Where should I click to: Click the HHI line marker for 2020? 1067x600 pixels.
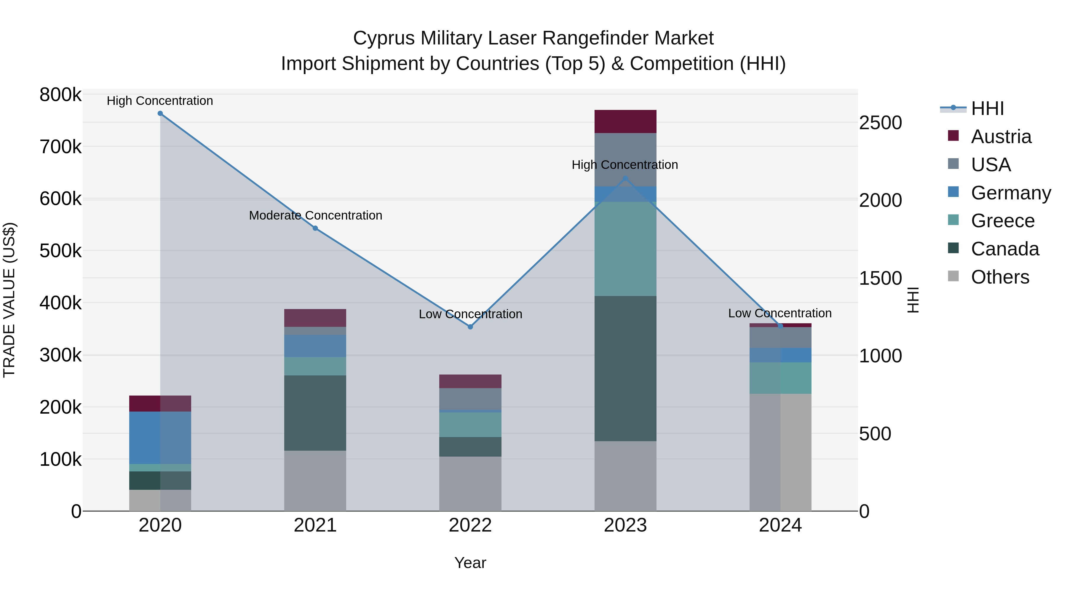tap(160, 113)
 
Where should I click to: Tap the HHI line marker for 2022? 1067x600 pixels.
tap(470, 327)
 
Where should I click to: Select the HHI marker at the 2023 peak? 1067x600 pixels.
tap(625, 178)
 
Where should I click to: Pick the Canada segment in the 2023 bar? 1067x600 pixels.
tap(625, 369)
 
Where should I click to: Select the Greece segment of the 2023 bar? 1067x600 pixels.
tap(625, 249)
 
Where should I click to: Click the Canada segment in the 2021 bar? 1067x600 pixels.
tap(315, 413)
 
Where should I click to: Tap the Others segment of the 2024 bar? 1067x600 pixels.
tap(780, 452)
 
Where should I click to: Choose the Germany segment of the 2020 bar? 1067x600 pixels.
tap(160, 438)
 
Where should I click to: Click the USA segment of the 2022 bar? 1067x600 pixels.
tap(470, 399)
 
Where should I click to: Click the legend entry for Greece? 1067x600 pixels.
tap(1003, 221)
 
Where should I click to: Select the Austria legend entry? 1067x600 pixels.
tap(1001, 137)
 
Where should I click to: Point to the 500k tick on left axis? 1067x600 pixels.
tap(60, 250)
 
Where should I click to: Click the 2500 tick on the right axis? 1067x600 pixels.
tap(881, 123)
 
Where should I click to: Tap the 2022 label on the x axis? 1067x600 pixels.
tap(470, 525)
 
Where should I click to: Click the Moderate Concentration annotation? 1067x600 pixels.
tap(315, 215)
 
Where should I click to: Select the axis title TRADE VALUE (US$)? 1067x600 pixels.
tap(9, 300)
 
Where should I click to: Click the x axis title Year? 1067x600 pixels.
tap(470, 563)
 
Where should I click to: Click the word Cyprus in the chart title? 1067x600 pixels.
tap(384, 38)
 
